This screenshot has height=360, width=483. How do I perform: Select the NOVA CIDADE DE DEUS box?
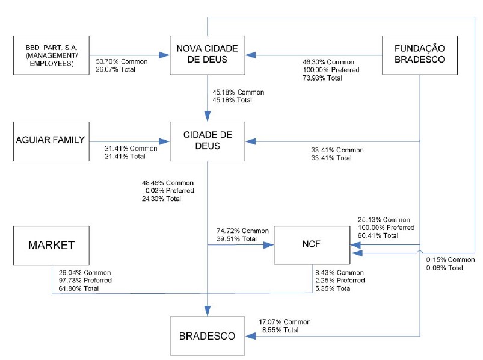tap(208, 55)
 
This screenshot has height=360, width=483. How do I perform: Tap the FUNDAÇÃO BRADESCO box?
tap(419, 55)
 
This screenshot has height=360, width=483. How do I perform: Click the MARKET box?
tap(51, 246)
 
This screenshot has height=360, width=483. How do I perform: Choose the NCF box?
tap(312, 245)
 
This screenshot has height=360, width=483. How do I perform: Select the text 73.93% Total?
tap(322, 78)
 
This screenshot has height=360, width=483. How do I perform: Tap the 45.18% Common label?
tap(238, 92)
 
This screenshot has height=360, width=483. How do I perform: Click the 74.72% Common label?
tap(243, 231)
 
